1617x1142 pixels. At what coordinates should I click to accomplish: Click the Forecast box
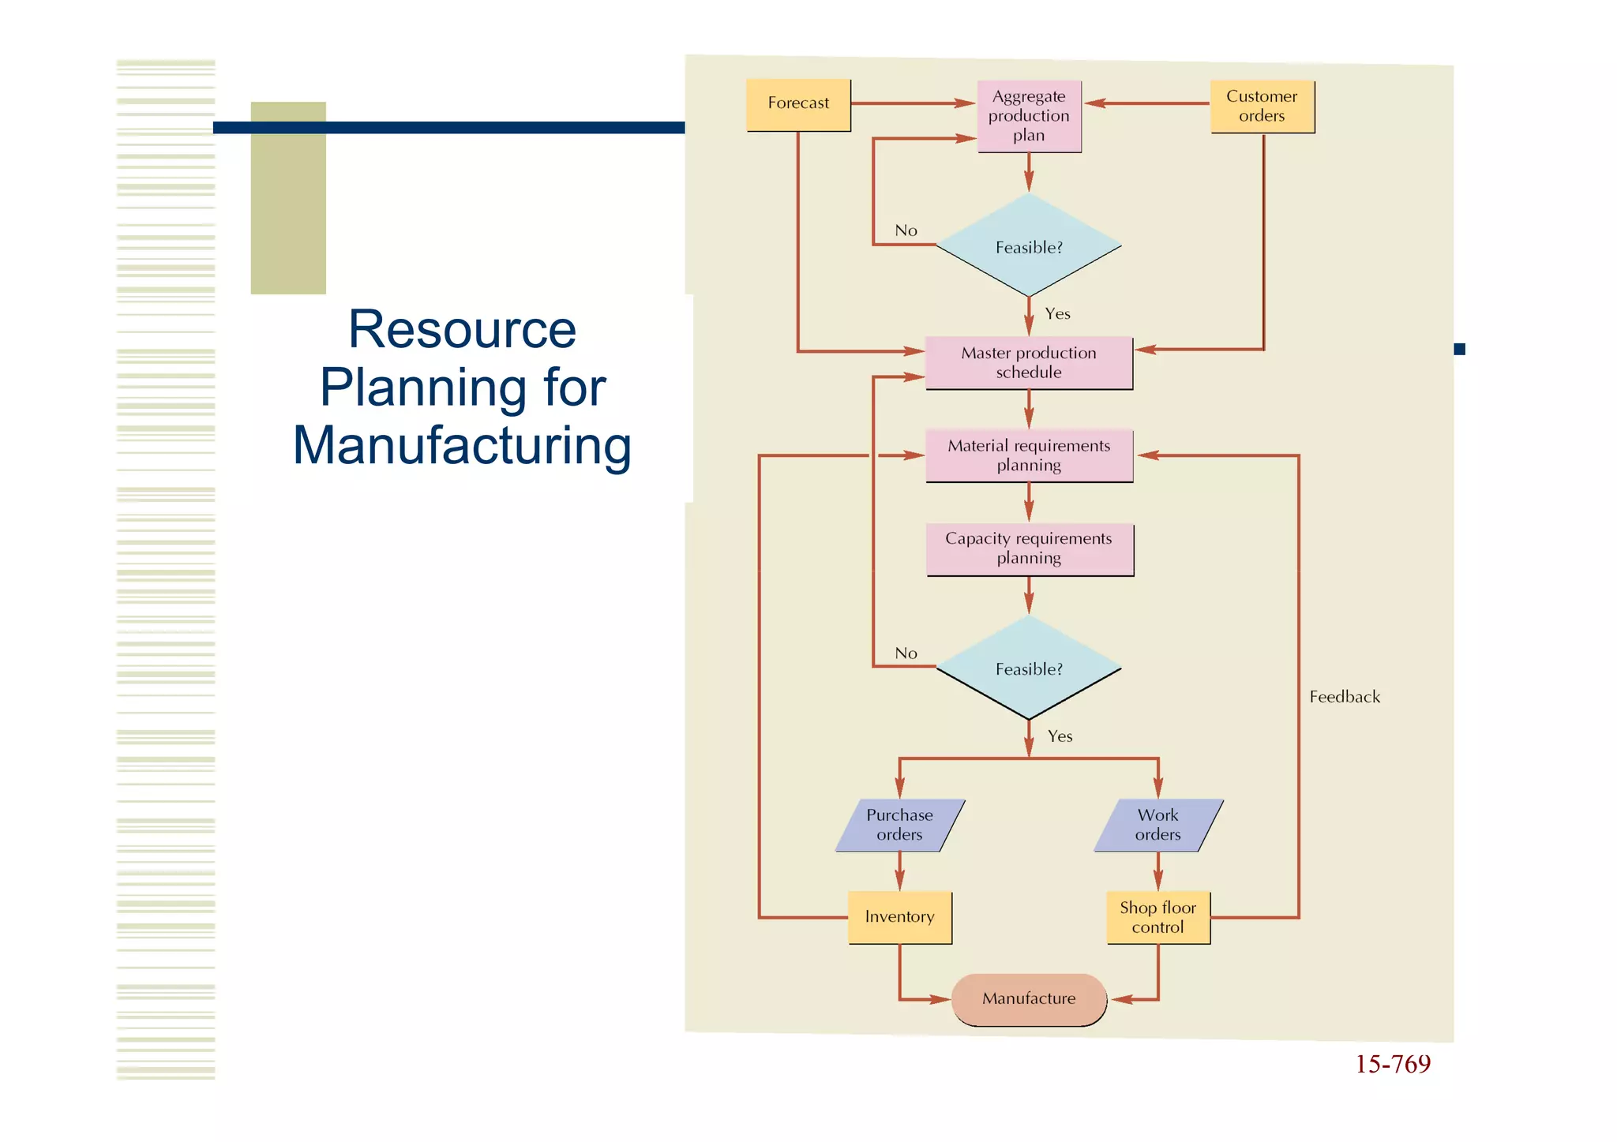coord(798,104)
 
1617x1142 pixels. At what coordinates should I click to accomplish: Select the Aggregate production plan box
coord(1029,116)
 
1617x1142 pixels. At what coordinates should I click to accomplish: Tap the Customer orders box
coord(1262,106)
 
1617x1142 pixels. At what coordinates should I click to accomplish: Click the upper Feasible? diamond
coord(1029,246)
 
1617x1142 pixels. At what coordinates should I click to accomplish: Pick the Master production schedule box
coord(1029,363)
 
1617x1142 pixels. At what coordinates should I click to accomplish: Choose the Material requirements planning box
coord(1029,455)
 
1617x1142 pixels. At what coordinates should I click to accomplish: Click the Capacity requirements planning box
coord(1030,549)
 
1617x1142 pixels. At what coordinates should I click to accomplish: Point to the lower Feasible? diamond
coord(1029,668)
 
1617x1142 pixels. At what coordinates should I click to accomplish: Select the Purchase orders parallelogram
coord(900,825)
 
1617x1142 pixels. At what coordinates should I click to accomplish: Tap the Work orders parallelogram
coord(1158,825)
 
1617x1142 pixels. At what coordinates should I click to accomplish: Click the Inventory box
coord(900,917)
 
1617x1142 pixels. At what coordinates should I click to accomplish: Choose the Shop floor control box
coord(1158,917)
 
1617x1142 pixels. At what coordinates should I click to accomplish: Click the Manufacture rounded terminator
coord(1029,999)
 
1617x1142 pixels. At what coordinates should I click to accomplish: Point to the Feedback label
coord(1345,697)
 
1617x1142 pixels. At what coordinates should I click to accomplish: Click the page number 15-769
coord(1393,1065)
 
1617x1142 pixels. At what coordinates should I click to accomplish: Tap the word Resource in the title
coord(463,329)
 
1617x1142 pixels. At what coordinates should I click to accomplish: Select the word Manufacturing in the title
coord(463,446)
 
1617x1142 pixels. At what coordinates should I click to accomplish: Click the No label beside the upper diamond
coord(906,230)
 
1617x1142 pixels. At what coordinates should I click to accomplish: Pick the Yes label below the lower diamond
coord(1060,736)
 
